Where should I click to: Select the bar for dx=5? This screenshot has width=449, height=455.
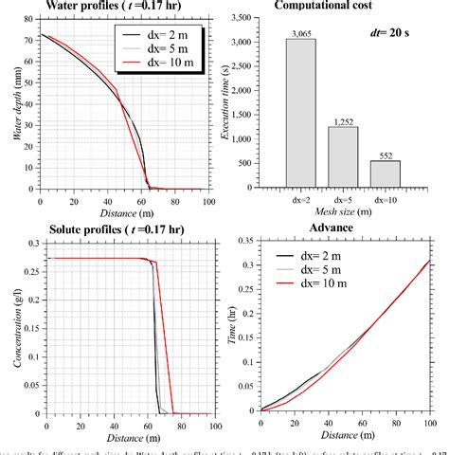click(342, 156)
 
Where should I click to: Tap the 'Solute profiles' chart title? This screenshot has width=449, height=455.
click(104, 230)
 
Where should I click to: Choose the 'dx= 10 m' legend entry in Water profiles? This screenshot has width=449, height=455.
click(147, 66)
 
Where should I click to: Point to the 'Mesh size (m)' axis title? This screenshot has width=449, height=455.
click(341, 213)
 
